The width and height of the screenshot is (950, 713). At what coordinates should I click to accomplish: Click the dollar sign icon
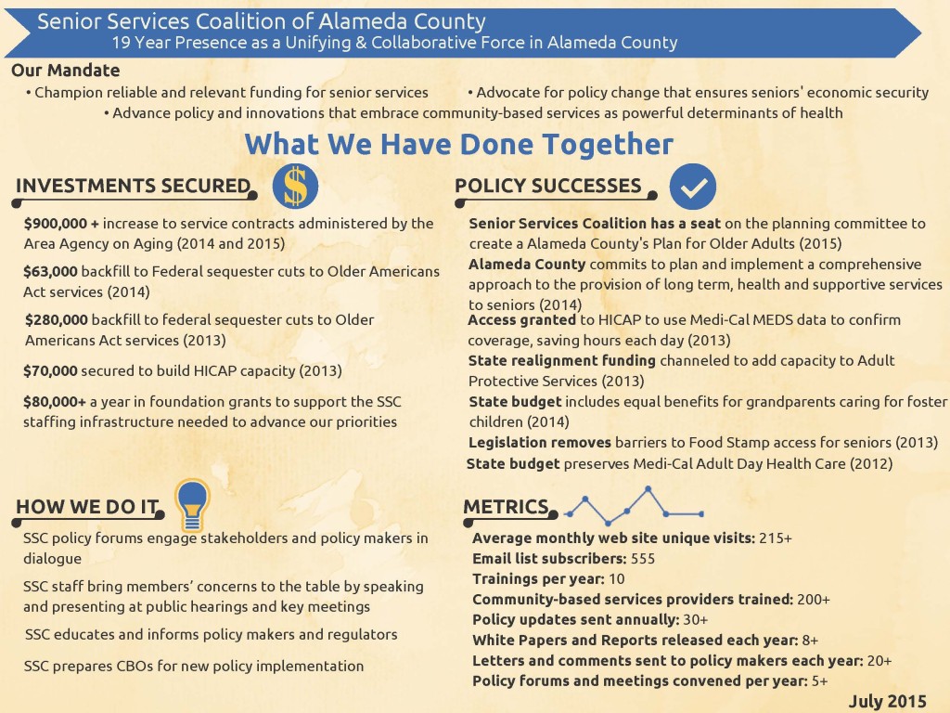pyautogui.click(x=295, y=187)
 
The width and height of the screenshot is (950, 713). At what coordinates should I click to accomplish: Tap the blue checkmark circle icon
pyautogui.click(x=692, y=187)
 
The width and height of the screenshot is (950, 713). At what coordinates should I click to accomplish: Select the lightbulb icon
pyautogui.click(x=193, y=501)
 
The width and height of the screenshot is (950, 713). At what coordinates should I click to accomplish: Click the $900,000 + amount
pyautogui.click(x=61, y=224)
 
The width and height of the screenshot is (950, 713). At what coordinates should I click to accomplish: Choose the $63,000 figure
pyautogui.click(x=51, y=272)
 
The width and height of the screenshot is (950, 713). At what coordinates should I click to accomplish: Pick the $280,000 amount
pyautogui.click(x=57, y=320)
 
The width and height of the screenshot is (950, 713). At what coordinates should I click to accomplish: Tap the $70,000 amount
pyautogui.click(x=50, y=370)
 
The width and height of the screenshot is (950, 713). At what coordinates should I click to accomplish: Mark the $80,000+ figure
pyautogui.click(x=55, y=402)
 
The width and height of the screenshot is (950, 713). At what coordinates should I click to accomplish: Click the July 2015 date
pyautogui.click(x=887, y=701)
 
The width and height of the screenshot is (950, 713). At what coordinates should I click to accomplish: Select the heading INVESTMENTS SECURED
pyautogui.click(x=133, y=186)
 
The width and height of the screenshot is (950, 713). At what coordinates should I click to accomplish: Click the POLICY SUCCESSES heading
pyautogui.click(x=548, y=186)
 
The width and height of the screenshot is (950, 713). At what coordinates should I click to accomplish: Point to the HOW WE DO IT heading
pyautogui.click(x=87, y=506)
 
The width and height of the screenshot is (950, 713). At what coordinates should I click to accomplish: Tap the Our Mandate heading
pyautogui.click(x=65, y=71)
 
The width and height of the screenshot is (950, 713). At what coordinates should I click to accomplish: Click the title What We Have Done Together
pyautogui.click(x=459, y=145)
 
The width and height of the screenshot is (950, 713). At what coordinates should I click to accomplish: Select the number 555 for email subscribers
pyautogui.click(x=643, y=559)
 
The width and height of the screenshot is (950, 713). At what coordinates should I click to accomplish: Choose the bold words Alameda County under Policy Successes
pyautogui.click(x=527, y=265)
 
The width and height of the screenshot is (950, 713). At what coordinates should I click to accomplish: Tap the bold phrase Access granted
pyautogui.click(x=522, y=320)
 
